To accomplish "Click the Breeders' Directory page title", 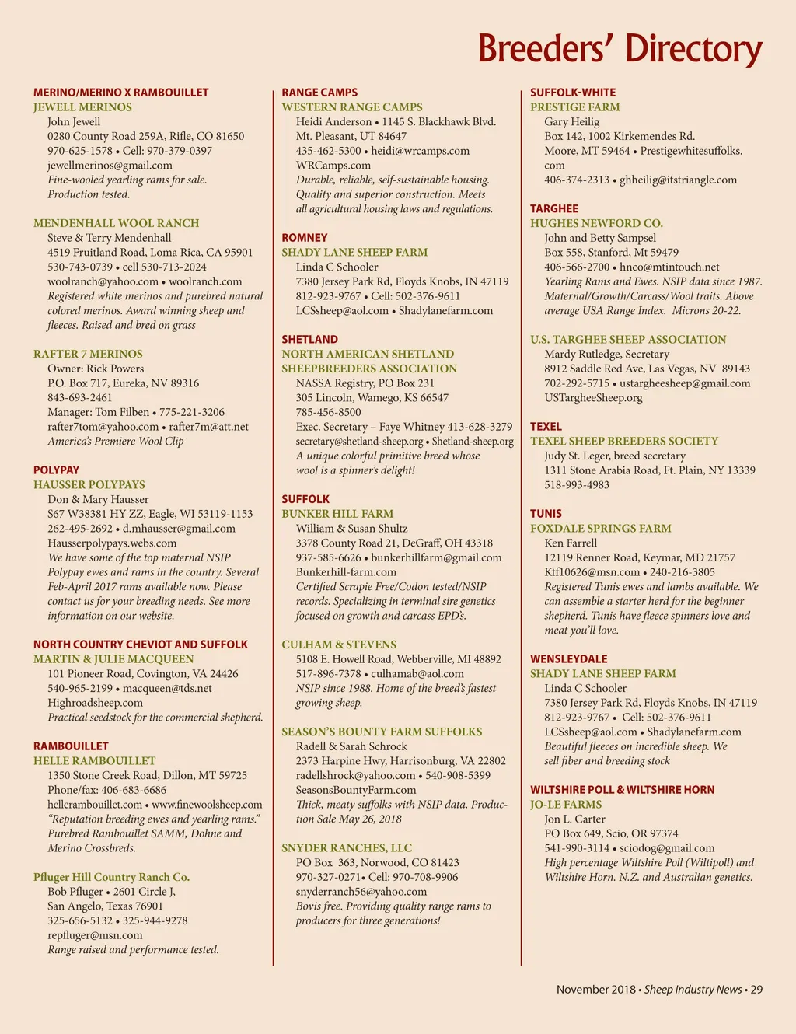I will tap(620, 49).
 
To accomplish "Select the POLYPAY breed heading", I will tap(56, 470).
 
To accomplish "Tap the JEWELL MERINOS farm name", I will tap(82, 107).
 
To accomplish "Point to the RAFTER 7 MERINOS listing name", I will tap(88, 355).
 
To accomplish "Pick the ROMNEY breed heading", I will tap(305, 238).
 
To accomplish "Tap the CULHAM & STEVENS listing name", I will tap(339, 645).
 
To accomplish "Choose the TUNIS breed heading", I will tap(546, 514).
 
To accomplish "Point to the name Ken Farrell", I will tap(571, 543).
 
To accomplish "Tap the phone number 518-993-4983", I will tap(577, 485).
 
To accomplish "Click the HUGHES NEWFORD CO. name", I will tap(596, 224).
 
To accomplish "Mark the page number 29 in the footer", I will tap(756, 990).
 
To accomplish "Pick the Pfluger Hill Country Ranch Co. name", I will tap(111, 877).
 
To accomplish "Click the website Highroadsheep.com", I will tap(95, 703).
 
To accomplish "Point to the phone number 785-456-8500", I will tap(328, 413).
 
